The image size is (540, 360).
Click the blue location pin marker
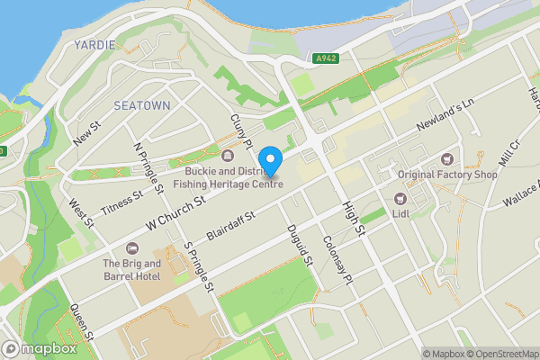click(x=270, y=159)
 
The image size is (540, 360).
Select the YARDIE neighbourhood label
click(x=94, y=45)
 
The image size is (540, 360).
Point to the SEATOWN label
click(x=142, y=105)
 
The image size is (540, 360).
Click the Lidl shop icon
click(x=400, y=198)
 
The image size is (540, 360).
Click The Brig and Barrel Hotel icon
click(x=131, y=248)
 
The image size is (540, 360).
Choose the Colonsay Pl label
click(x=335, y=261)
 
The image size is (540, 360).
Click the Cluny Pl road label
click(x=238, y=130)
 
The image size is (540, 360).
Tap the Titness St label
click(x=122, y=202)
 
